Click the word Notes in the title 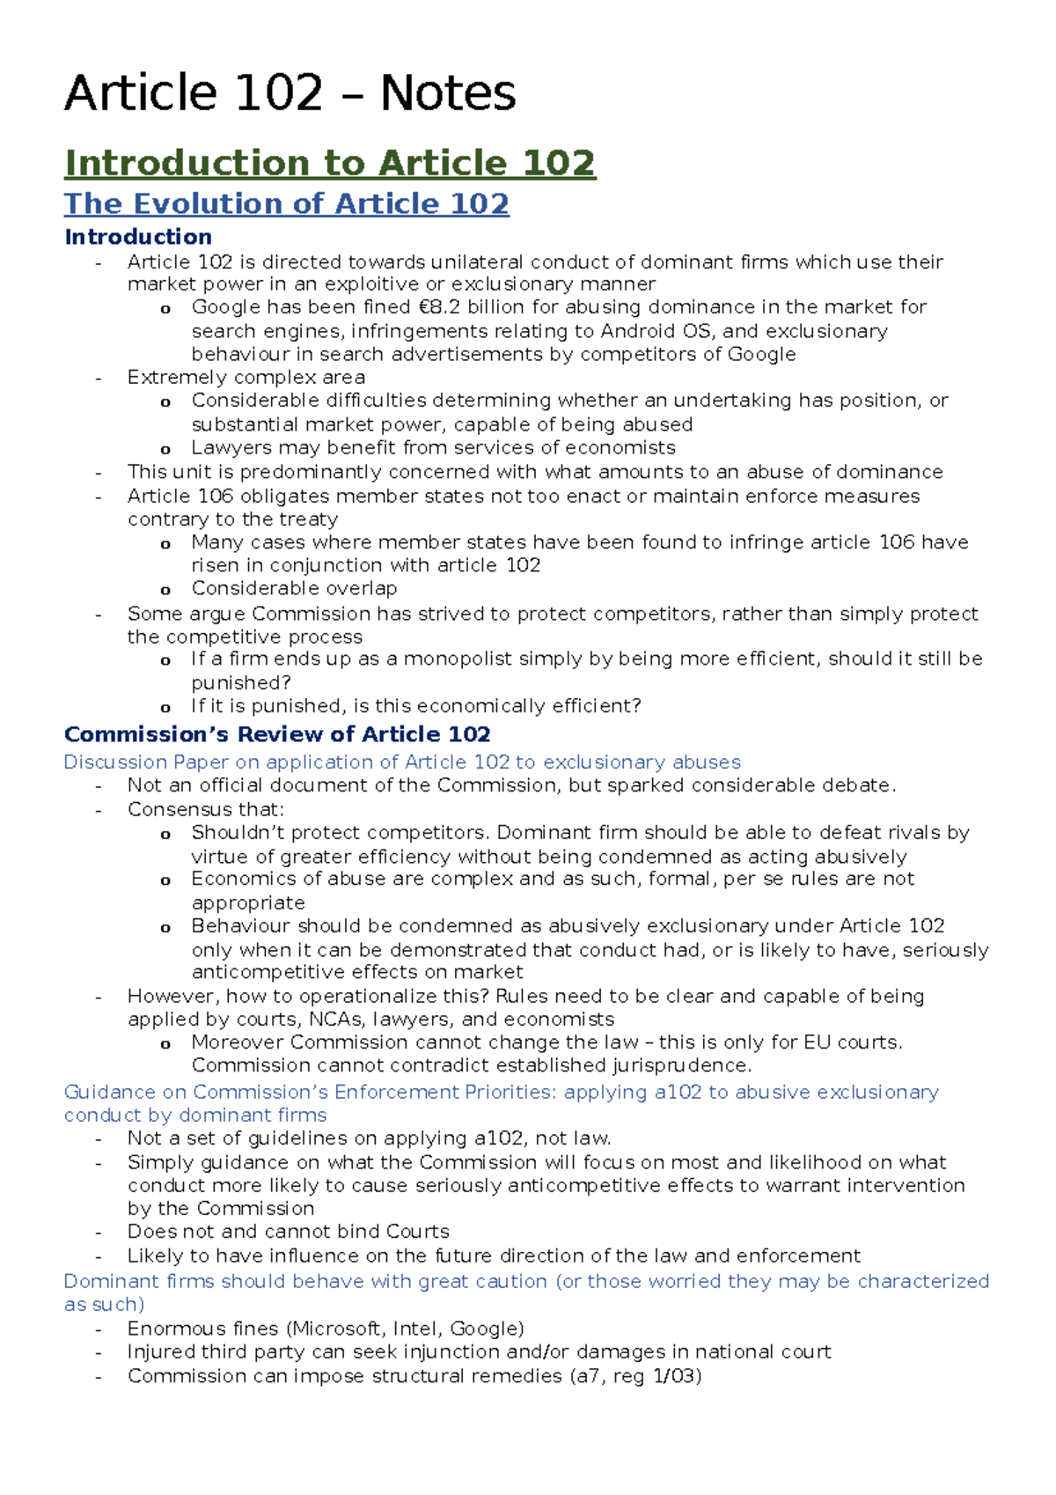[x=447, y=93]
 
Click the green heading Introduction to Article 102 [x=330, y=163]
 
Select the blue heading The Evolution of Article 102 [x=286, y=203]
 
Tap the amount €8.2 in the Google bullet [x=436, y=307]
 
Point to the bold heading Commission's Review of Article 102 [x=277, y=734]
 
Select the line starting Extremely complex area [x=246, y=378]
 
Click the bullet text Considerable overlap [x=294, y=588]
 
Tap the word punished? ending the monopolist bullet [x=241, y=683]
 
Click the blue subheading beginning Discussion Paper [x=402, y=762]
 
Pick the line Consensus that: [x=206, y=809]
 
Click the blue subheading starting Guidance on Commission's [x=501, y=1093]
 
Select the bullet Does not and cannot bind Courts [x=288, y=1232]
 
